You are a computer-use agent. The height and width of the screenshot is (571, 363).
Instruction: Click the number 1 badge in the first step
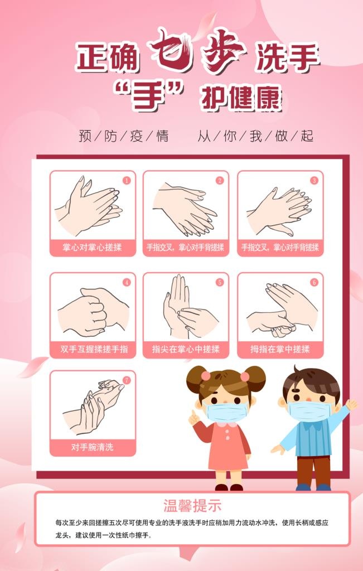pyautogui.click(x=127, y=180)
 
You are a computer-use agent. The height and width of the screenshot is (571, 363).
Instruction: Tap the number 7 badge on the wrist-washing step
pyautogui.click(x=127, y=380)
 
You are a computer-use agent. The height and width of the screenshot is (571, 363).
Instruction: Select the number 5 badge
pyautogui.click(x=220, y=282)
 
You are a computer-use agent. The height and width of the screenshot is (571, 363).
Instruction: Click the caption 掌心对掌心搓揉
pyautogui.click(x=93, y=247)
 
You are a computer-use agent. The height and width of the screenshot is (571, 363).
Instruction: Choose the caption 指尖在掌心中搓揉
pyautogui.click(x=186, y=349)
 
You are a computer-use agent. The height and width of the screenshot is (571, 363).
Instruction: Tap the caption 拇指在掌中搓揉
pyautogui.click(x=280, y=349)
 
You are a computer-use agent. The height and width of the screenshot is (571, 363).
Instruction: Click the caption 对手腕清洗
pyautogui.click(x=93, y=447)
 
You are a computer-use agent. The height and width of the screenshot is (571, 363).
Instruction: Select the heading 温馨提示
pyautogui.click(x=192, y=506)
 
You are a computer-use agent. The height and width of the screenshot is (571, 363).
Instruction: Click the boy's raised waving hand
pyautogui.click(x=350, y=404)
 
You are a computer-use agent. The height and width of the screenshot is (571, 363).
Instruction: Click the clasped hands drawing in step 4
pyautogui.click(x=93, y=312)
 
